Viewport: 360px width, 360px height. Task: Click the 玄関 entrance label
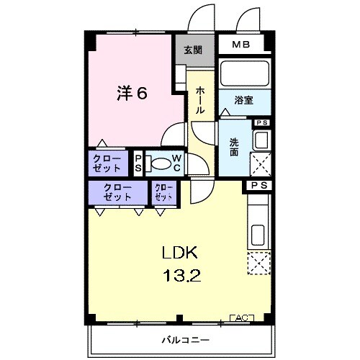(x=192, y=50)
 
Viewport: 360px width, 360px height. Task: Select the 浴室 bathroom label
(x=242, y=102)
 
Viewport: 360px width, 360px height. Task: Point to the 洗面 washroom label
(x=235, y=148)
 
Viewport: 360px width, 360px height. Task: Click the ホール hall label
(x=200, y=100)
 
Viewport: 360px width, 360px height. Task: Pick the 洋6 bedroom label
(x=134, y=93)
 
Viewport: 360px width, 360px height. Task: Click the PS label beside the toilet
(x=139, y=163)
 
